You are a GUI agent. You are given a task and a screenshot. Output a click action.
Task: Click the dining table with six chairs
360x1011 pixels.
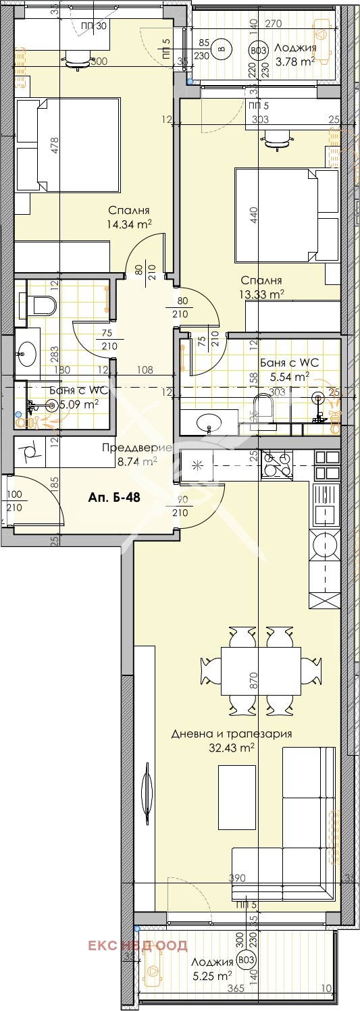pos(261,673)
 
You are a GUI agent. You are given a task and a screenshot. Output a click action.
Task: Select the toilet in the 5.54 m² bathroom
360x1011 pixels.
pos(261,408)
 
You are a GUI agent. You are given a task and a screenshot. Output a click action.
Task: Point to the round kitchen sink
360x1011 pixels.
pos(324,545)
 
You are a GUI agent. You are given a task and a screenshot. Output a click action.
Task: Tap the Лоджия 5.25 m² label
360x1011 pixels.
pos(211,968)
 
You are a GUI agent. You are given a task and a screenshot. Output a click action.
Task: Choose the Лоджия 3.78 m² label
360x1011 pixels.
pos(295,55)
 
